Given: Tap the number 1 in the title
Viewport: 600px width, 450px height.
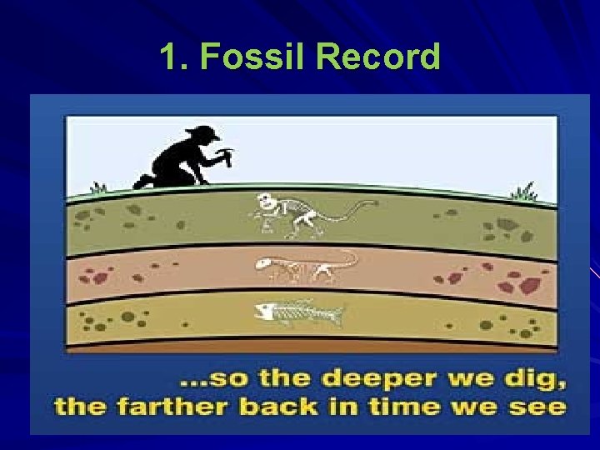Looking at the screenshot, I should click(169, 57).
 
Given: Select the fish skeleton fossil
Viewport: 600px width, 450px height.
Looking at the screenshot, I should click(298, 314).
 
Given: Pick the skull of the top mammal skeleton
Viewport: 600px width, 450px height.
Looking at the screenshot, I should click(265, 202).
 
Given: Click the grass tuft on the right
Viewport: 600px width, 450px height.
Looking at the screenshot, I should click(524, 192).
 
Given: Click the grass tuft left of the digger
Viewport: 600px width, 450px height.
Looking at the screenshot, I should click(99, 187).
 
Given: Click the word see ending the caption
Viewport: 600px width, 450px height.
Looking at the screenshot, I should click(542, 408).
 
